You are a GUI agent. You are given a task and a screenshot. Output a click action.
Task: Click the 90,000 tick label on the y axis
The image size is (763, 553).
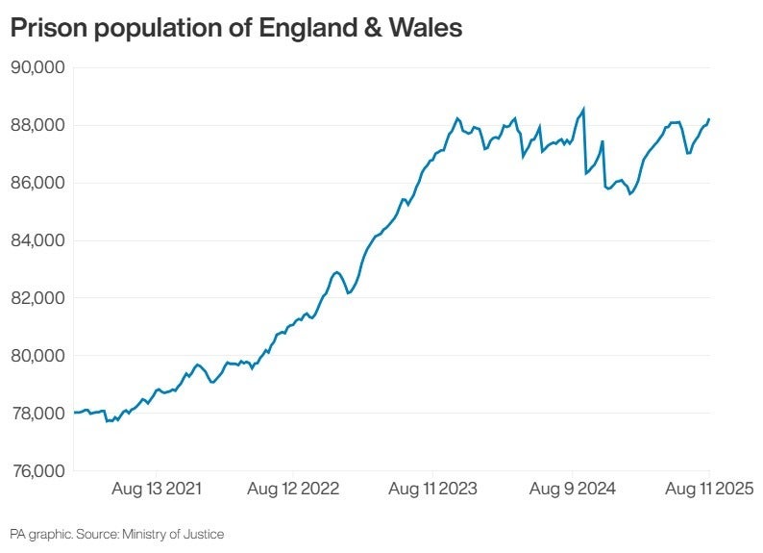click(37, 67)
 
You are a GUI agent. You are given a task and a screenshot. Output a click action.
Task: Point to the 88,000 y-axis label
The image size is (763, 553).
click(37, 125)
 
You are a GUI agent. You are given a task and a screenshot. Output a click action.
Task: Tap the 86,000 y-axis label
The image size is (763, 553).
click(37, 183)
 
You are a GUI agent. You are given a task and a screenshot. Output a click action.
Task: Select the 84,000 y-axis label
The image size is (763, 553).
click(37, 240)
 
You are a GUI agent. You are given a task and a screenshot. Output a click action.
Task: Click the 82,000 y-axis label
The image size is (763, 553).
click(37, 298)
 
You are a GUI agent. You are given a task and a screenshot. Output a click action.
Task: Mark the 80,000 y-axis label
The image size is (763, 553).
click(37, 356)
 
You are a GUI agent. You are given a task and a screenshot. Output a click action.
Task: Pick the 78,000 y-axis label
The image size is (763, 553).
click(37, 414)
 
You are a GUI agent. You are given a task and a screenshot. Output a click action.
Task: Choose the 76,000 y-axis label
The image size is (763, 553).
click(37, 471)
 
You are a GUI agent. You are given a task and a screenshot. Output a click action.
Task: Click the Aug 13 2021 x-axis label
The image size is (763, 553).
click(157, 490)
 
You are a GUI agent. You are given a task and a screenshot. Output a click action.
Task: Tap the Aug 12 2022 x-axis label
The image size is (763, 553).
click(293, 490)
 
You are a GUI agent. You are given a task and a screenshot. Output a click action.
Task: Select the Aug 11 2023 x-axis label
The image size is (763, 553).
click(432, 490)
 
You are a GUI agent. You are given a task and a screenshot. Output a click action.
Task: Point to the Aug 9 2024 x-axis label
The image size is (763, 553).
click(573, 490)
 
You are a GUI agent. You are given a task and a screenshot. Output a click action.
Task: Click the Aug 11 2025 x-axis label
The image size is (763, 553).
click(707, 490)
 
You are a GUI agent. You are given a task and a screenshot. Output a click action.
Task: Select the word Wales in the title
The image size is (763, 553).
click(427, 29)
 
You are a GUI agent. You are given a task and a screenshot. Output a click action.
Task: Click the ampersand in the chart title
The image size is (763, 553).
click(375, 29)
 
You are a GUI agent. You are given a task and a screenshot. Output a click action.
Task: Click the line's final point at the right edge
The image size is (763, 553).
click(709, 119)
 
